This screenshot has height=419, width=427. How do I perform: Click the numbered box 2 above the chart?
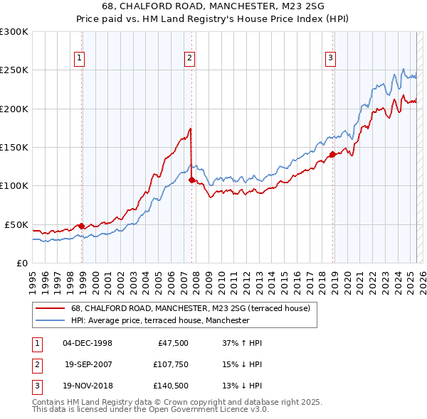190,59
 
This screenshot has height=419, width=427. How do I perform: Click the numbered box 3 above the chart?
331,59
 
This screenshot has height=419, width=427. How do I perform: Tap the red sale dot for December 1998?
81,226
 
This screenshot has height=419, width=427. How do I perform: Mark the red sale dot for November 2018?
332,155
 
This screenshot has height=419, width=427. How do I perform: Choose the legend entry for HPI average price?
159,320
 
